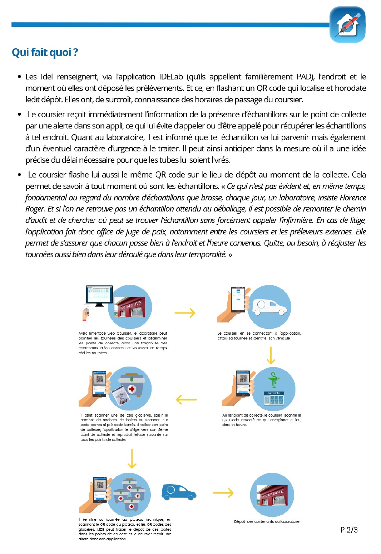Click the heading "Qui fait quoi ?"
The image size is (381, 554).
coord(45,53)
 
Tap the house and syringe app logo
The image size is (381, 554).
coord(347,25)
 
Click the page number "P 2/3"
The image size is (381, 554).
coord(349,530)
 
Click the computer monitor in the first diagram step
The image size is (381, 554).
coord(99,295)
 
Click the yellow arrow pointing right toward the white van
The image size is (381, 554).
coord(185,313)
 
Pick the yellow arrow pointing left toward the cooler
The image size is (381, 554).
coord(186,399)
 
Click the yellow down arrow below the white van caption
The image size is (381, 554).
coord(271,355)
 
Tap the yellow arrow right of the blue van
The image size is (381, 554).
coord(223,493)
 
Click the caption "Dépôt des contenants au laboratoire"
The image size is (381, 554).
coord(267,521)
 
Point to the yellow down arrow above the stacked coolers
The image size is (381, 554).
coord(132,459)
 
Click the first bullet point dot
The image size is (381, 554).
coord(19,77)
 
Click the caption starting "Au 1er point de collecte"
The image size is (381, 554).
coord(262,420)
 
